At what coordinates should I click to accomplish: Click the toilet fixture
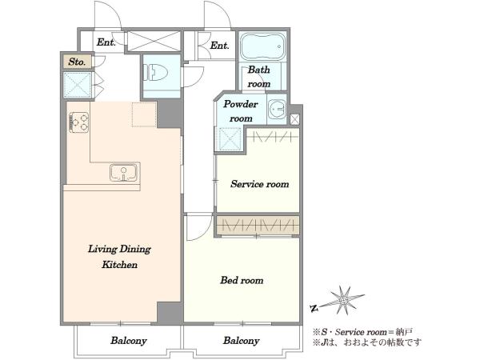[x=158, y=73]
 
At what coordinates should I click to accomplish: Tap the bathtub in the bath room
[x=263, y=47]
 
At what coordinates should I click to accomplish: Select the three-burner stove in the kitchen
[x=79, y=122]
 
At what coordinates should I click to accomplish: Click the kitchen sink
[x=124, y=172]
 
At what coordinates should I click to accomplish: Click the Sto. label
[x=77, y=62]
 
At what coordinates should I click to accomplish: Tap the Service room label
[x=259, y=184]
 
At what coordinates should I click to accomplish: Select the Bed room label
[x=242, y=280]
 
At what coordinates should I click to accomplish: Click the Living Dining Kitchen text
[x=119, y=257]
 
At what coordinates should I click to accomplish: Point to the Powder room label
[x=241, y=111]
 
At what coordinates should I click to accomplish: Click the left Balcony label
[x=129, y=341]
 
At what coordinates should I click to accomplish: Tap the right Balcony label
[x=242, y=341]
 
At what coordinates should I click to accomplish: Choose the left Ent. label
[x=106, y=42]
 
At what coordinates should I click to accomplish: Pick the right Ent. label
[x=219, y=46]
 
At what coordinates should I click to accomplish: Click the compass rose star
[x=342, y=300]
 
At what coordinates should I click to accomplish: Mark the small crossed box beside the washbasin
[x=294, y=119]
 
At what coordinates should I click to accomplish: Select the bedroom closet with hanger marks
[x=257, y=226]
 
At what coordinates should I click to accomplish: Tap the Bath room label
[x=259, y=77]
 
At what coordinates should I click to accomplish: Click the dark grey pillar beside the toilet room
[x=168, y=114]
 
